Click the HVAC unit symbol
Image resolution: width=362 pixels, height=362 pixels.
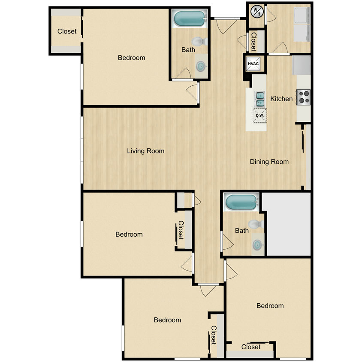coord(253,64)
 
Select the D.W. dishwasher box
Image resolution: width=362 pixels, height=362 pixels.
coord(259,115)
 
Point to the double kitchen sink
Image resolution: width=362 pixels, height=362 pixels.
coord(260,99)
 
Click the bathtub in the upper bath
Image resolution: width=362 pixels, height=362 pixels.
coord(189,18)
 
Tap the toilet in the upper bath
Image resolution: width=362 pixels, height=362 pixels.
coord(199,42)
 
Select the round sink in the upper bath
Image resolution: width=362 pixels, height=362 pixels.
coord(201,66)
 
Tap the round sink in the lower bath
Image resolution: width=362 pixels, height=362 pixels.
coord(257,245)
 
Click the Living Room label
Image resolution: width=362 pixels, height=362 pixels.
coord(145,151)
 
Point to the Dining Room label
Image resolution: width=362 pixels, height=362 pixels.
coord(269,162)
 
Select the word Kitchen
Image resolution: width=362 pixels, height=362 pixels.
coord(281,99)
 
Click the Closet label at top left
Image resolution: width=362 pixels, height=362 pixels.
coord(67,31)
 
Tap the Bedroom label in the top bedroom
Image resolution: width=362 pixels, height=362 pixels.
coord(131,57)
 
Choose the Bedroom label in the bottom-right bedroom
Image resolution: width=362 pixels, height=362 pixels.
coord(270,306)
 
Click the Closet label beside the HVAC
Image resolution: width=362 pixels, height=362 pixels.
coord(253,42)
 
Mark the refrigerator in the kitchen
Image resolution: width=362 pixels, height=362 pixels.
coord(302,65)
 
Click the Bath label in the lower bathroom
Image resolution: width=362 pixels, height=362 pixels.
coord(241,231)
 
